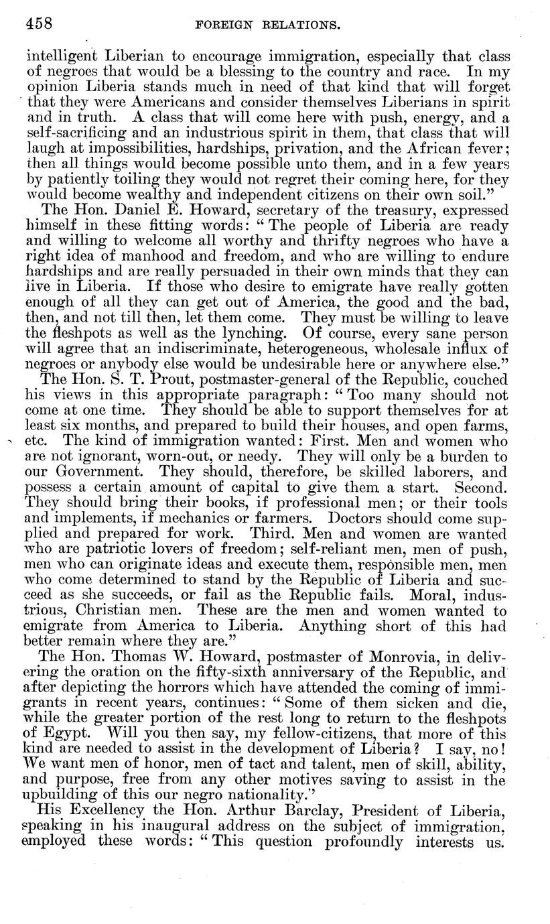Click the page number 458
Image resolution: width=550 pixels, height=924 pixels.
(x=39, y=24)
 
